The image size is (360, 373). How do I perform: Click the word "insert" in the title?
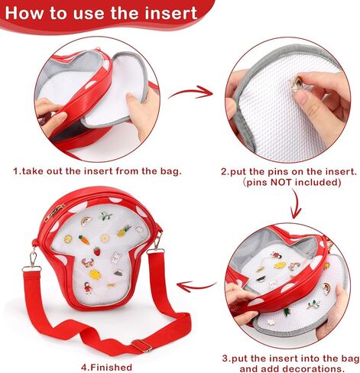click(171, 13)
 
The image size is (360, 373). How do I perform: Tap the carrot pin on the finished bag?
click(84, 240)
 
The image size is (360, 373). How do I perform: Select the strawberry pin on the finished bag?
click(97, 251)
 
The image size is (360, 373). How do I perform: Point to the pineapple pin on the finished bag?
click(124, 231)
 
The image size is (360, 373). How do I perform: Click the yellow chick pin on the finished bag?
click(95, 274)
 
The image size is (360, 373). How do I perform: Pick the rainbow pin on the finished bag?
click(86, 221)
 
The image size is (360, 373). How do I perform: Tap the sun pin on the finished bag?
click(68, 239)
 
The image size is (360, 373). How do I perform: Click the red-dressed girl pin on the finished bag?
click(88, 288)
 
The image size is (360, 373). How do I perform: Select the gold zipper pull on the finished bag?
click(55, 213)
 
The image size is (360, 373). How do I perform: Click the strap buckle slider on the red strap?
click(141, 345)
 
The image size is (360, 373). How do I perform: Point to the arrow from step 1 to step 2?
click(191, 92)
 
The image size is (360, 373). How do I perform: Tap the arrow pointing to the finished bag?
click(196, 286)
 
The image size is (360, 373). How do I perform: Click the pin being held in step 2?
click(296, 84)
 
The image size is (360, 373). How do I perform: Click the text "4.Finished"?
click(106, 367)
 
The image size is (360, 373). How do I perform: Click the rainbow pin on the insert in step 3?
click(326, 288)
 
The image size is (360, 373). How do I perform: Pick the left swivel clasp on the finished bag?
click(32, 258)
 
